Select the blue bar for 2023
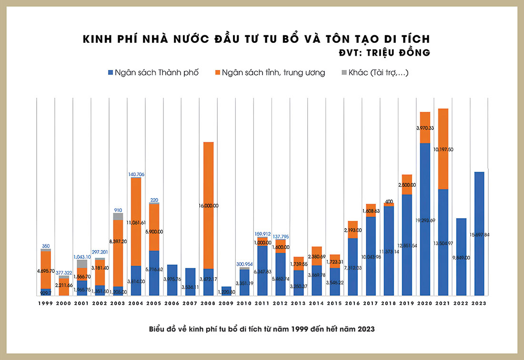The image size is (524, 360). click(480, 233)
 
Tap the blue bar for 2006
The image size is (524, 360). click(172, 280)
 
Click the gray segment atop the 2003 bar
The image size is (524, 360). click(118, 217)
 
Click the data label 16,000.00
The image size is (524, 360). click(208, 206)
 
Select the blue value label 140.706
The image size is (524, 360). click(136, 174)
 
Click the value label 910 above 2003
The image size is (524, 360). click(118, 210)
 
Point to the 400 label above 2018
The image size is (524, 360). click(389, 201)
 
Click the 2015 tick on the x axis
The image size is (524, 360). click(335, 303)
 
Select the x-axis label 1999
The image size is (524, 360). click(46, 303)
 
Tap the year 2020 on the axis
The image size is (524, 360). click(425, 303)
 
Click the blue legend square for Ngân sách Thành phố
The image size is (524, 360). click(111, 73)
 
